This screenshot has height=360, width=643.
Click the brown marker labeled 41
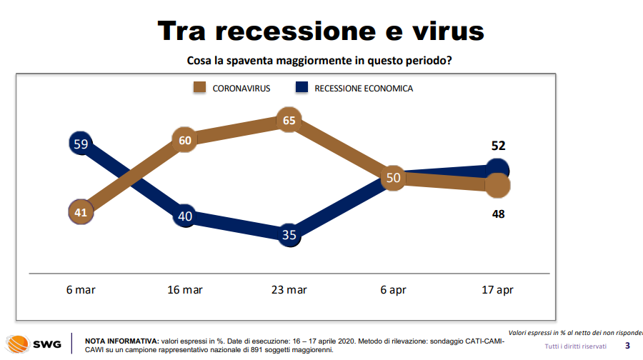(x=81, y=211)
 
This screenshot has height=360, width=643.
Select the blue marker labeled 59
(x=81, y=144)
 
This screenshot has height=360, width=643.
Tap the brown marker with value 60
(x=185, y=141)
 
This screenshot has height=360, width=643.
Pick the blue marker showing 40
(x=185, y=216)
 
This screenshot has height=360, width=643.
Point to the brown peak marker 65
(x=289, y=121)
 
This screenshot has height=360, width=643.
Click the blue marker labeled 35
(x=289, y=235)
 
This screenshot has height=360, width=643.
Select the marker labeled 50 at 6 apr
(x=393, y=177)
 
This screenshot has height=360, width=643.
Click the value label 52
(x=498, y=146)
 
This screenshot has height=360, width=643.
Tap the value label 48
(x=498, y=213)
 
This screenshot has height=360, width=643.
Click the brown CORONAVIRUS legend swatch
(x=200, y=88)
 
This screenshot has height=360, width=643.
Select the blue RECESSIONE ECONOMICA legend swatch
(x=301, y=88)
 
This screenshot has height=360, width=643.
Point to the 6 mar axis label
(x=80, y=290)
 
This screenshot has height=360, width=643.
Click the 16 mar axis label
(x=184, y=290)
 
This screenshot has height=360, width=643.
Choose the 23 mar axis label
(x=289, y=290)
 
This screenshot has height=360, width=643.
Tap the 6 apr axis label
(x=393, y=290)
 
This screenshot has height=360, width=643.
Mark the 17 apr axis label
(x=497, y=290)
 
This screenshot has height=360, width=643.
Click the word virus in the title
(x=443, y=31)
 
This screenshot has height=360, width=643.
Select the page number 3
(x=627, y=346)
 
